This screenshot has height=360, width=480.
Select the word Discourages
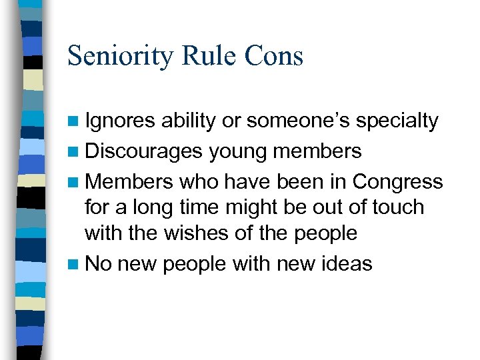coord(143,151)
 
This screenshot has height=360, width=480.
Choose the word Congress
coord(397,181)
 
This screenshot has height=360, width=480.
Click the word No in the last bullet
coord(98,263)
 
